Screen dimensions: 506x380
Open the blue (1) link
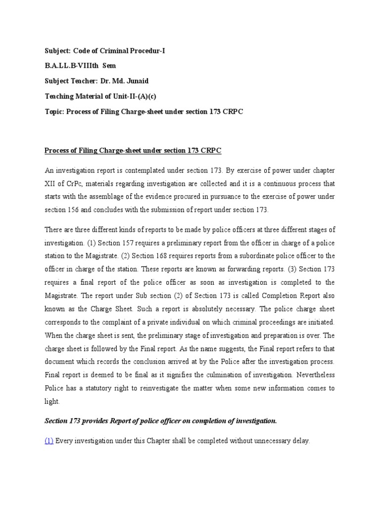(x=49, y=441)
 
